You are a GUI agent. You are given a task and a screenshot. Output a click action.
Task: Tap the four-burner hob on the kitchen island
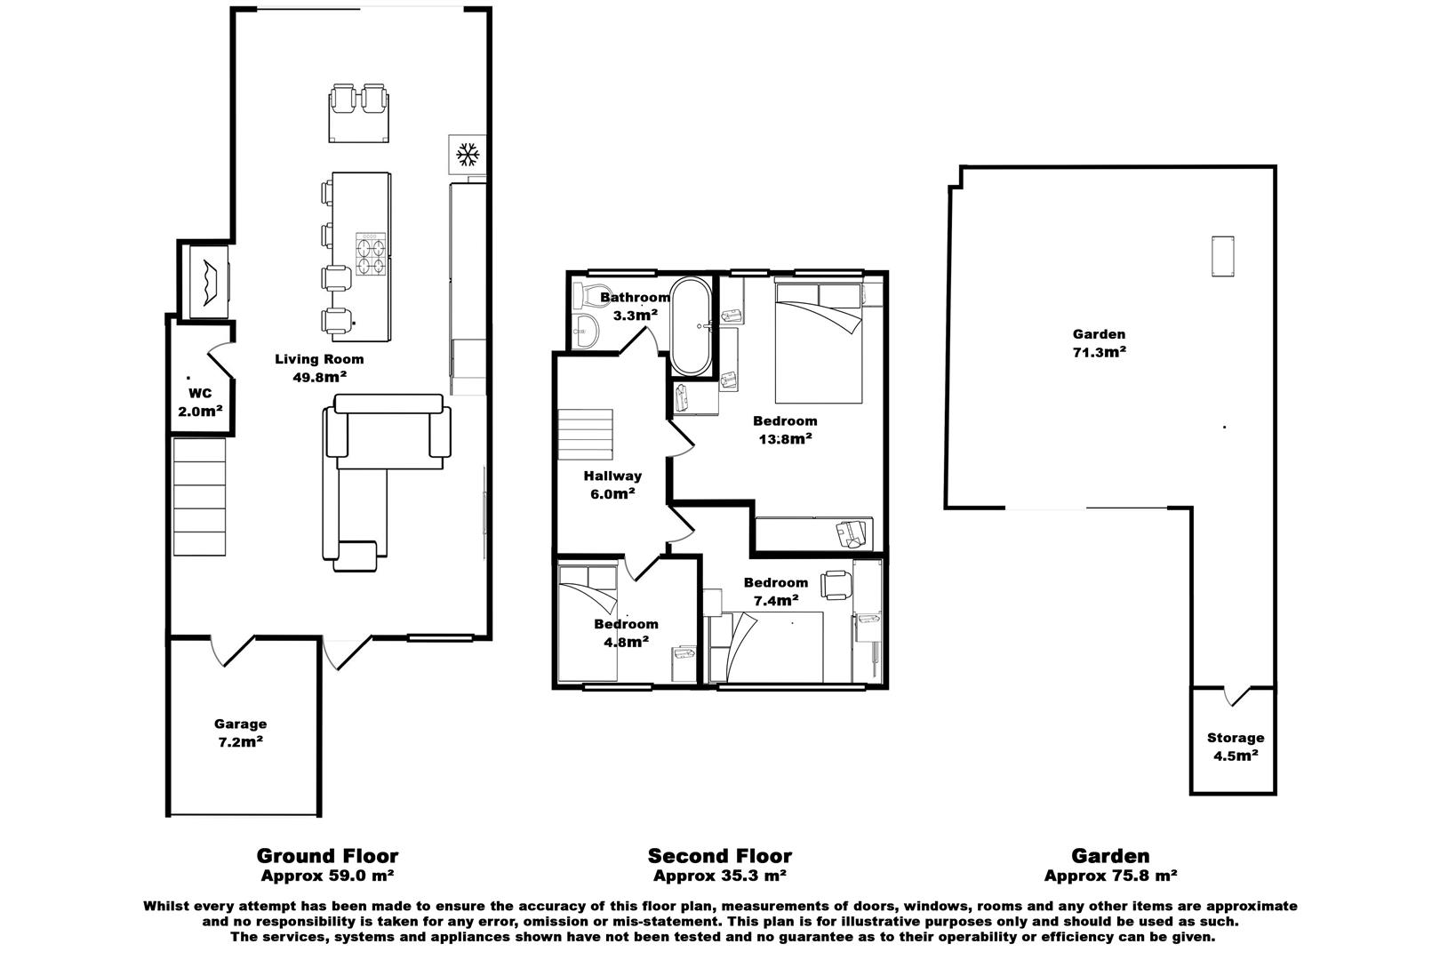pos(372,256)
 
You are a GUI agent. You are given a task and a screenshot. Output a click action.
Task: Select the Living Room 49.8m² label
pos(319,368)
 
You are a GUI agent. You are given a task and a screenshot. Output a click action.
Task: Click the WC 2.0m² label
pos(200,403)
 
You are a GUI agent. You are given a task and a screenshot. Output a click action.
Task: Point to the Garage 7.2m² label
pos(240,733)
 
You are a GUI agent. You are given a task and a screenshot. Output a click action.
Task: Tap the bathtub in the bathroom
pos(690,327)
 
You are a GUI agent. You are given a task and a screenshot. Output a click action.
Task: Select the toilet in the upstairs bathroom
pos(588,295)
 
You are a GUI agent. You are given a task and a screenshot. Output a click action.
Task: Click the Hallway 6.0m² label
pos(612,485)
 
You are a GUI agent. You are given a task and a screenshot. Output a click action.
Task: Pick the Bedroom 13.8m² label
pos(785,429)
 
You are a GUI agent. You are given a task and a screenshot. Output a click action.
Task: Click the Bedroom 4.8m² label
pos(627,632)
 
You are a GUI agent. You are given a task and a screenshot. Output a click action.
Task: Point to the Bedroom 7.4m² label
pos(776,591)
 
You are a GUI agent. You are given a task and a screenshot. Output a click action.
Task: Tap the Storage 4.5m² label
pos(1236,747)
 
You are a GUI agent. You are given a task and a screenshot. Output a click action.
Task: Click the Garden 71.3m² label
pos(1100,343)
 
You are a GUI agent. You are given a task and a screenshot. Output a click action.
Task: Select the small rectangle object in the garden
pos(1223,257)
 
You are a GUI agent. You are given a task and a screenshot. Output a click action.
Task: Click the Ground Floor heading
pos(327,856)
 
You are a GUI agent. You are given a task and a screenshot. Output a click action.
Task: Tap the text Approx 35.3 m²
pos(719,876)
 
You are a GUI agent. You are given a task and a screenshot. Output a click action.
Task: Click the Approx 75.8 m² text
pos(1110,876)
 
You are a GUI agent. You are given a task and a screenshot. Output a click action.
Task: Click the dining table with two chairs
pos(360,114)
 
